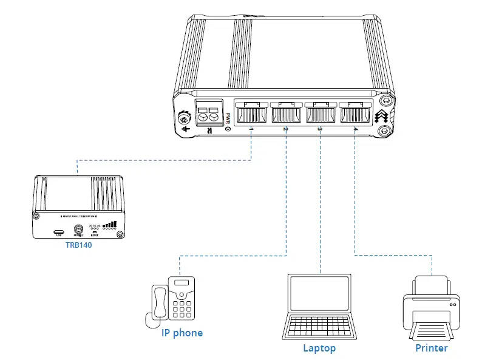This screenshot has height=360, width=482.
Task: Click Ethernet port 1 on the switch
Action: click(250, 113)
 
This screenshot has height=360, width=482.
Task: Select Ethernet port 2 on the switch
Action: click(284, 113)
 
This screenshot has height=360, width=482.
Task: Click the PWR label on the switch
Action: click(228, 117)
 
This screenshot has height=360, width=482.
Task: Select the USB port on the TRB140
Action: click(59, 231)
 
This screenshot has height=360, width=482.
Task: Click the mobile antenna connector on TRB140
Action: click(78, 229)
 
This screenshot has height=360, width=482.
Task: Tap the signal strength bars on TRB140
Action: click(110, 225)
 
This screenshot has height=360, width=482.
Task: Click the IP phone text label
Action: click(182, 333)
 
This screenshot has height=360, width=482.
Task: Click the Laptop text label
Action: click(319, 348)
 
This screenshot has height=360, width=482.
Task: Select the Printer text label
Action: click(432, 348)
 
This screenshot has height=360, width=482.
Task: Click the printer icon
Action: click(432, 307)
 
